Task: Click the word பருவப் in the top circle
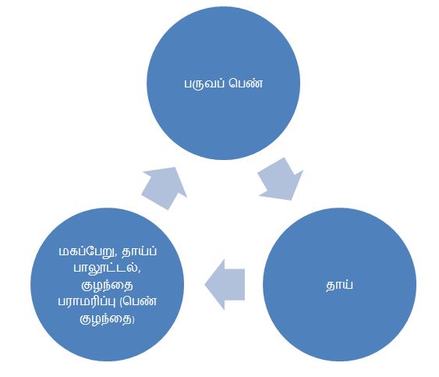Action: tap(204, 84)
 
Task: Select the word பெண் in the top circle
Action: tap(246, 84)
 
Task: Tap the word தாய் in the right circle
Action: tap(339, 285)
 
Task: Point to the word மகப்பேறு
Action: tap(87, 251)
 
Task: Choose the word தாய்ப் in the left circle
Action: tap(140, 251)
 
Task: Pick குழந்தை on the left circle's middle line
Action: tap(107, 285)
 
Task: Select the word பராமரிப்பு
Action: tap(87, 301)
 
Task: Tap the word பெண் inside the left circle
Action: tap(140, 301)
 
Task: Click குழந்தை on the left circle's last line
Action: tap(106, 319)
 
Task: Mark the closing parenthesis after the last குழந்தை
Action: tap(133, 319)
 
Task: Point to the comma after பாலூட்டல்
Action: tap(140, 272)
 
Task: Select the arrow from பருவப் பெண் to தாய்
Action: tap(281, 180)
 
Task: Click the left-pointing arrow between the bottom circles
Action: tap(225, 284)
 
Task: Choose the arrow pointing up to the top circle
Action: tap(165, 188)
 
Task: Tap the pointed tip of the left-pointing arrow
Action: tap(205, 284)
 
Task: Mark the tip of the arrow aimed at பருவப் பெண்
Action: tap(175, 168)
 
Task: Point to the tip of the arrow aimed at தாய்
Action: tap(292, 200)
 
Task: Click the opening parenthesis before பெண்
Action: tap(121, 301)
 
